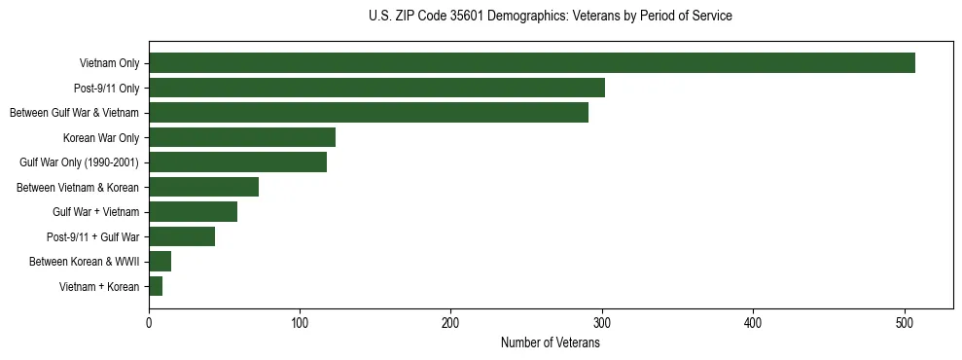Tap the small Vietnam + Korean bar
(x=156, y=286)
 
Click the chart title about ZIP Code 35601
(x=551, y=17)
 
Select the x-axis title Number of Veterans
(x=551, y=343)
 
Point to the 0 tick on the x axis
(x=149, y=323)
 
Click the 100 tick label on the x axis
(x=300, y=323)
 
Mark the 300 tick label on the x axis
(x=602, y=323)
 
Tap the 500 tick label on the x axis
(x=905, y=323)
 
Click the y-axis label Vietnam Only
(x=109, y=64)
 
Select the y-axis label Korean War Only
(x=101, y=138)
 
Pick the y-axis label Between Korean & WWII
(x=85, y=262)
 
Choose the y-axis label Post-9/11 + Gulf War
(x=92, y=236)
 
